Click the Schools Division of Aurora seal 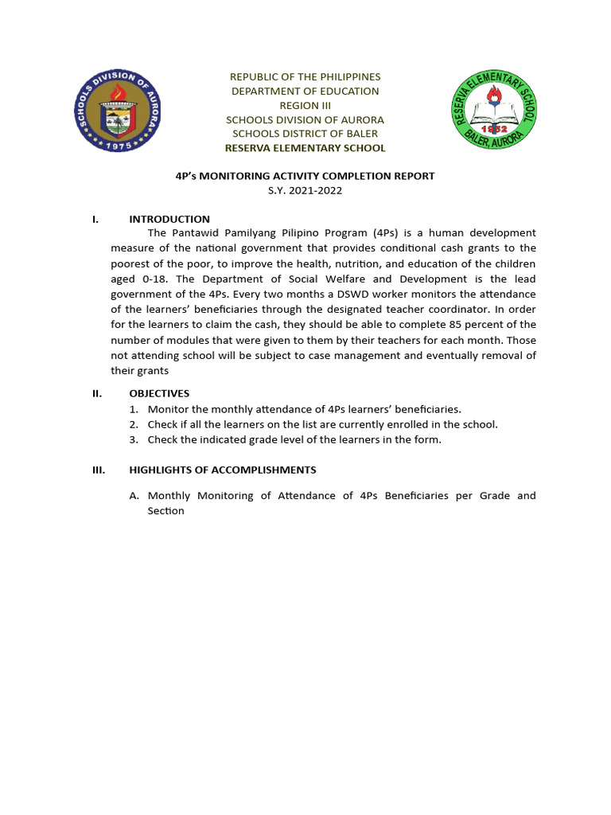click(x=118, y=111)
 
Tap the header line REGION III click(x=305, y=105)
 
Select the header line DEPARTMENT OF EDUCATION click(x=305, y=91)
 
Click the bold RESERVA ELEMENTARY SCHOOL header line click(x=305, y=148)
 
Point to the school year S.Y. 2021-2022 click(x=305, y=190)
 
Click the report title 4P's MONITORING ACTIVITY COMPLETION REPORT click(x=305, y=176)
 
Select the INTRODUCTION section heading click(x=169, y=219)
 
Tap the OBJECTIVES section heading click(x=159, y=393)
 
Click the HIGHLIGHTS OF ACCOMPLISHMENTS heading click(x=223, y=470)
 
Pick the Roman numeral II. click(x=97, y=393)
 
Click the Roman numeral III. click(x=99, y=470)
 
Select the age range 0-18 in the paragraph click(x=158, y=279)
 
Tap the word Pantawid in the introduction click(x=193, y=233)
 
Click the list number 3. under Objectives click(x=134, y=439)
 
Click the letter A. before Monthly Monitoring click(x=134, y=496)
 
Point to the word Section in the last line click(x=165, y=511)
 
